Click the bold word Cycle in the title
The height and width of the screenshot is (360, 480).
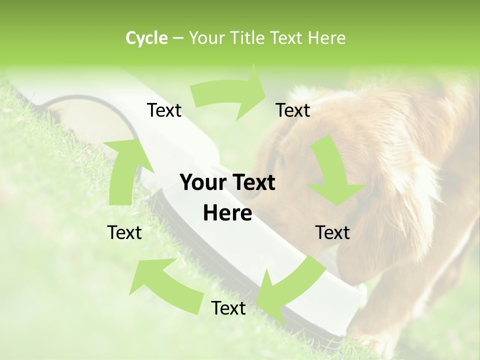pos(146,38)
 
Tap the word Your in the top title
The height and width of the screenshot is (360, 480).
pos(206,38)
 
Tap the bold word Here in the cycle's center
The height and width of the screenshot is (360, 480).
pos(227,213)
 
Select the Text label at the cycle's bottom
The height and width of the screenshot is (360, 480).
pos(228,308)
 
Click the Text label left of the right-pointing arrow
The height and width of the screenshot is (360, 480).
pos(164,110)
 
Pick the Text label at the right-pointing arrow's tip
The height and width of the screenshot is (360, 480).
pos(293,110)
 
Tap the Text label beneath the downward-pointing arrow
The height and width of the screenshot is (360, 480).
pos(332,232)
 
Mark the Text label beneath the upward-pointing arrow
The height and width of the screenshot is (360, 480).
pos(124,232)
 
